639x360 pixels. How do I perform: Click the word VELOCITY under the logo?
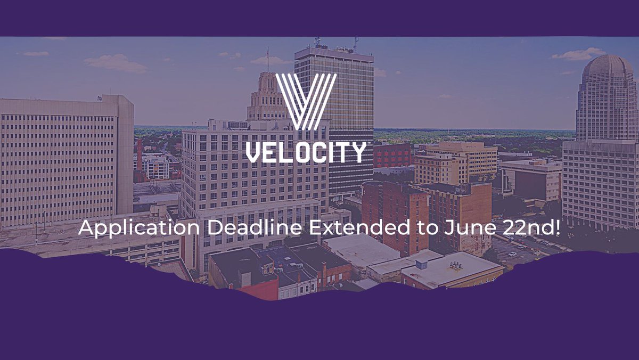pyautogui.click(x=306, y=152)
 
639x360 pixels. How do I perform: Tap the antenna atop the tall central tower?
pyautogui.click(x=355, y=43)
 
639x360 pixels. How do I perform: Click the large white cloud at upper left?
pyautogui.click(x=116, y=63)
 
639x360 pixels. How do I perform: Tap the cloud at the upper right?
pyautogui.click(x=579, y=54)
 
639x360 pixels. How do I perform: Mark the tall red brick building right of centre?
pyautogui.click(x=395, y=213)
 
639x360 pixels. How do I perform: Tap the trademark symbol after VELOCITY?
pyautogui.click(x=367, y=144)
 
